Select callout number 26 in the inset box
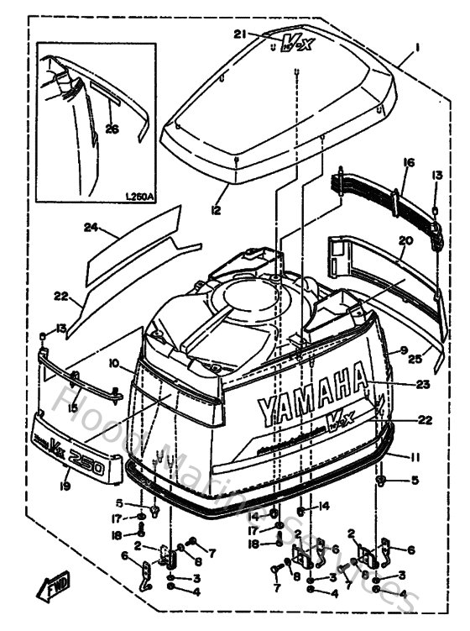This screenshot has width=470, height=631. click(x=112, y=128)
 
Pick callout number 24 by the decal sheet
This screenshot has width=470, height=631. click(x=91, y=227)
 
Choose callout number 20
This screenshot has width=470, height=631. click(x=405, y=239)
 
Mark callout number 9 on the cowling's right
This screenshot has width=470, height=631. click(x=404, y=350)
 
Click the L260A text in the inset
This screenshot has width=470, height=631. click(x=139, y=197)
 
